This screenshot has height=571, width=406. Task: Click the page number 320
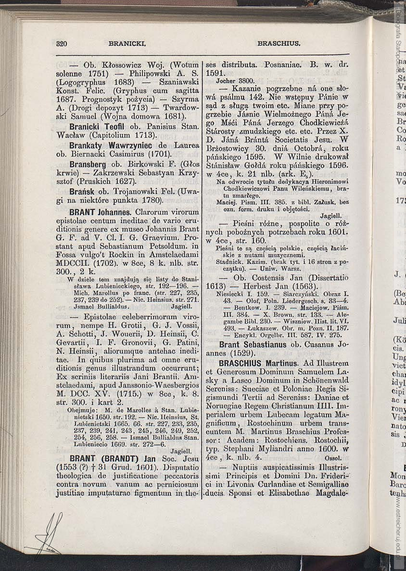click(62, 43)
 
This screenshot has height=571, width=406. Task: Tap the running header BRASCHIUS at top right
click(279, 43)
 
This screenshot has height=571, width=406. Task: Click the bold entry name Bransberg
click(88, 164)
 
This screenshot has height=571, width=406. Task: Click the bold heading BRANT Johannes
click(100, 212)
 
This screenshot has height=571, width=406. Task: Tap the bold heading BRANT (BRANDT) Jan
click(113, 459)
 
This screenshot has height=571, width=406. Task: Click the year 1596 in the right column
click(336, 166)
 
